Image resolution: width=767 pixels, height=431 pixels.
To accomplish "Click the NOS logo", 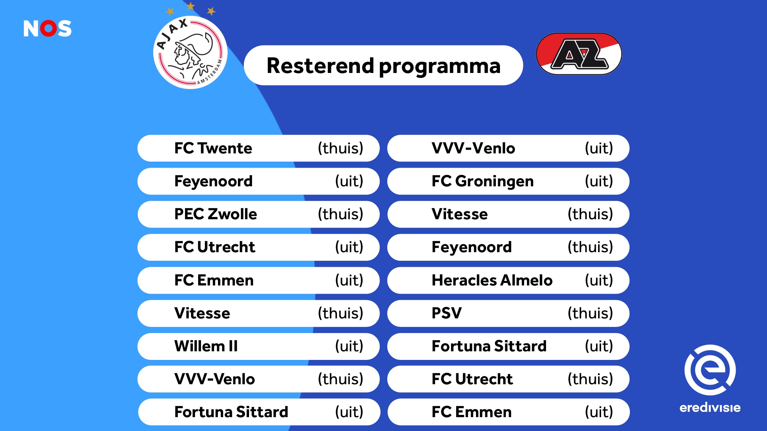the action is click(48, 28).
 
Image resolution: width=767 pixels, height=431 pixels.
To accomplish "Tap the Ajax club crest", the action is click(190, 52).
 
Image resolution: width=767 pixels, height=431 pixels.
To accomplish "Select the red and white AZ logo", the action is click(579, 54).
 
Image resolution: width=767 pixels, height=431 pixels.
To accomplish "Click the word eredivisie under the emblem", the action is click(710, 407).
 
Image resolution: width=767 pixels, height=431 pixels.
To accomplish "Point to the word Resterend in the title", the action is click(320, 66).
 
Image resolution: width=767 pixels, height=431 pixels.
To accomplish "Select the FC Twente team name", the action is click(213, 148).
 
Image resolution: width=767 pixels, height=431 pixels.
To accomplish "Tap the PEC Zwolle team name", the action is click(216, 214).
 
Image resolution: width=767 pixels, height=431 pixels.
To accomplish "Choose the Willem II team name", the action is click(206, 346).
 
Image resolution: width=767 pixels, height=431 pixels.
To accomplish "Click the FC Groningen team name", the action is click(482, 181).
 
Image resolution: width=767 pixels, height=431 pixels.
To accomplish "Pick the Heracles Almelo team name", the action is click(492, 280).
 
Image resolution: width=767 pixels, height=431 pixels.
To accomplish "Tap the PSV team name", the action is click(446, 313).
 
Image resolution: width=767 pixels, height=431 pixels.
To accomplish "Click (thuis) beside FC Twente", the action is click(340, 148).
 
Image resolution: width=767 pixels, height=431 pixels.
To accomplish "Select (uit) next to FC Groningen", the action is click(599, 181).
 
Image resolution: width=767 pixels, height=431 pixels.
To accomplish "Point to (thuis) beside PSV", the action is click(590, 313).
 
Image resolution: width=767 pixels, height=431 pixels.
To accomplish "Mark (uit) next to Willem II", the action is click(349, 346).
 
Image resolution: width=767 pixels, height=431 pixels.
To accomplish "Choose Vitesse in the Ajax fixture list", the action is click(202, 313).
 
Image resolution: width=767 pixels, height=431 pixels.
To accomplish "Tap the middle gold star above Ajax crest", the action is click(191, 6).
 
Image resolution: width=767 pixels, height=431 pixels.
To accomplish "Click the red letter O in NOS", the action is click(48, 28).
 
